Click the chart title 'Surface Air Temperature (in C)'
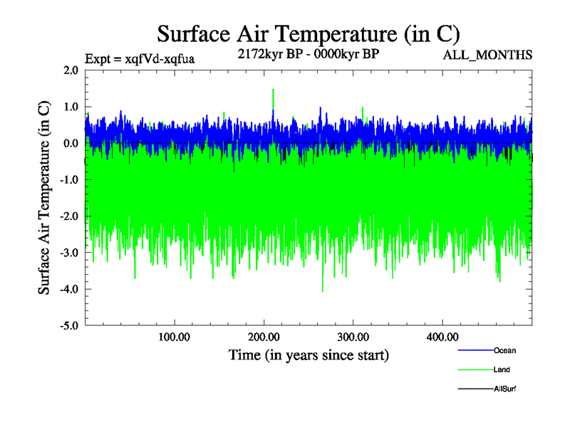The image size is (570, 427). (x=309, y=34)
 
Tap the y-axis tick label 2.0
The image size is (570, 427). (x=70, y=70)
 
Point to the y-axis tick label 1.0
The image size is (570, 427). (x=70, y=107)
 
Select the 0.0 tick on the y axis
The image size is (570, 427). (x=70, y=143)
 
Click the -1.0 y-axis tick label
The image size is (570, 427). (x=68, y=180)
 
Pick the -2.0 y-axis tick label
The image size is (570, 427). (x=68, y=216)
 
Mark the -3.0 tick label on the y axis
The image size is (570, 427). (x=68, y=253)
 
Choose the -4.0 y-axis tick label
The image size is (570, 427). (x=68, y=289)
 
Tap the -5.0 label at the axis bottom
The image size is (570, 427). (x=68, y=326)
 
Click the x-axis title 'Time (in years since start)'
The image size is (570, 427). (x=309, y=354)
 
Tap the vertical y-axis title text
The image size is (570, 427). (x=44, y=198)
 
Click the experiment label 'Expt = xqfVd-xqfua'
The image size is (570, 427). (x=140, y=59)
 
